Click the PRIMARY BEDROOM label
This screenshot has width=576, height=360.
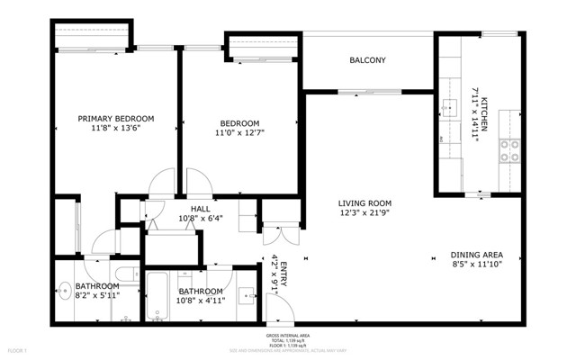point(115,118)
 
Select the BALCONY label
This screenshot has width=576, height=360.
point(367,61)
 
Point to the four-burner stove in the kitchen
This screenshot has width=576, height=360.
point(510,150)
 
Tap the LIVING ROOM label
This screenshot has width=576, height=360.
point(364,203)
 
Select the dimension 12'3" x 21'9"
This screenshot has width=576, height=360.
point(364,213)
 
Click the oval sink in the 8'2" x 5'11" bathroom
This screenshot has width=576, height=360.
point(65,290)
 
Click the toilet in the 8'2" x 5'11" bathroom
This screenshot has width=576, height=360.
point(125,274)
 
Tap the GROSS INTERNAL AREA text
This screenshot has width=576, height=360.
point(288,335)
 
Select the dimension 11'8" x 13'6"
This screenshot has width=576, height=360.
point(115,128)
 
